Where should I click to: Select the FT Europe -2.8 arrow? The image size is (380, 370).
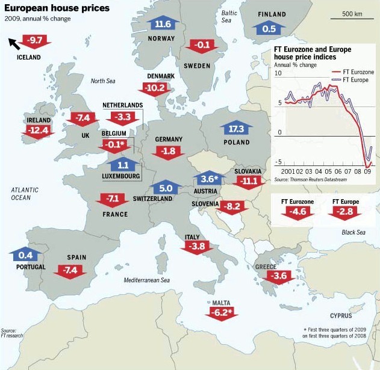coord(346,212)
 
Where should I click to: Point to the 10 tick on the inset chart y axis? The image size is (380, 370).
coord(278,73)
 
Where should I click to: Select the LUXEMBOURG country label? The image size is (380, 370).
coord(120,176)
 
